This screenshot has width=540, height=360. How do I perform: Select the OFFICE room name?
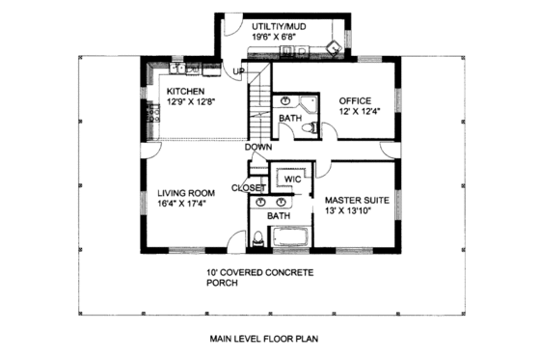pos(357,99)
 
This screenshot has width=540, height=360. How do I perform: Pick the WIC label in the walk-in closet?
pos(293,179)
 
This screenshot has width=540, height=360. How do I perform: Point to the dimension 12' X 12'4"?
pos(358,111)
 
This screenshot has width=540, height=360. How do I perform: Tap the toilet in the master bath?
pos(256,238)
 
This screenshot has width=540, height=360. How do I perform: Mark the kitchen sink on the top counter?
pos(179,69)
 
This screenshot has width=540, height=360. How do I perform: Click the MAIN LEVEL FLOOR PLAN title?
pos(262,339)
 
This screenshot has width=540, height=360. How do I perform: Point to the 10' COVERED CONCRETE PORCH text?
pos(258,279)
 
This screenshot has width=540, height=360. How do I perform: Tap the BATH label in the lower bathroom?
pos(279,216)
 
